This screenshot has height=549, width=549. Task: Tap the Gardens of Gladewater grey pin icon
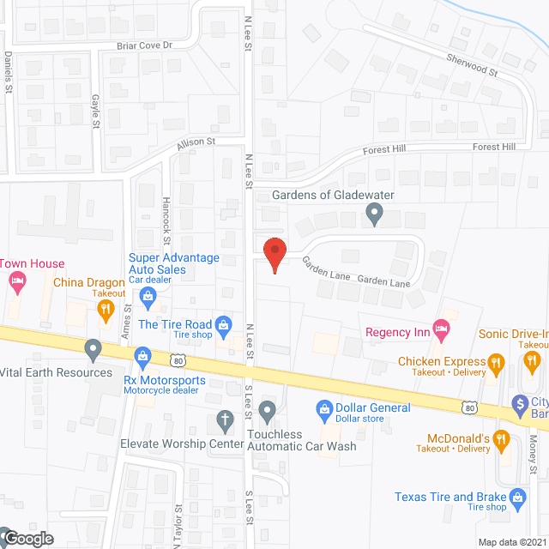(373, 213)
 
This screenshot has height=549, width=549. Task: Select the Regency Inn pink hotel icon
(441, 327)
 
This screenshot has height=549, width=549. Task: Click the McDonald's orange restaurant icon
(503, 439)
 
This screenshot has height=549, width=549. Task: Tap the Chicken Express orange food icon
(495, 362)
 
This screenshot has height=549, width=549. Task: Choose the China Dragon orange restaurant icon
(106, 311)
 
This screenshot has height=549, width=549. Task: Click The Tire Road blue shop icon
(224, 324)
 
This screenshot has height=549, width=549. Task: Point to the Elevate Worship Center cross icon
(225, 420)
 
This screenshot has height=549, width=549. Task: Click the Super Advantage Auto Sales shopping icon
(148, 297)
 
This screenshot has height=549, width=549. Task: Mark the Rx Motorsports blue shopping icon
(144, 353)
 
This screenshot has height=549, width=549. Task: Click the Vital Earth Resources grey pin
(93, 348)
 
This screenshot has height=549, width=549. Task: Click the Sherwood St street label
(473, 64)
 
